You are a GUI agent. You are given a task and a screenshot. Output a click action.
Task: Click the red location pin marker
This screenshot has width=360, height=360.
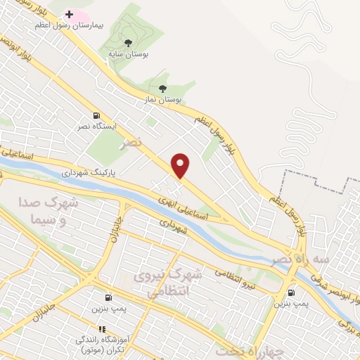click(x=181, y=165)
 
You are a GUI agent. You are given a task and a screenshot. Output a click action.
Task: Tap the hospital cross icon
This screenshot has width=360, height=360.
click(x=69, y=14)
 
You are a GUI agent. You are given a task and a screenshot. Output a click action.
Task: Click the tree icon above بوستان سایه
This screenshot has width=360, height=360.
click(x=127, y=42)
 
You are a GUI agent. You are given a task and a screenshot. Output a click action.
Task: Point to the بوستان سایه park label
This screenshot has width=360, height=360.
click(x=127, y=53)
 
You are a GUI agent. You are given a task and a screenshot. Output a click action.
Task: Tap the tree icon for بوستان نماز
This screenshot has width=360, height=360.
click(x=163, y=89)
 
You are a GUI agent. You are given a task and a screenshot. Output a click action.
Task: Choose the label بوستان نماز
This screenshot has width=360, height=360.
click(x=163, y=100)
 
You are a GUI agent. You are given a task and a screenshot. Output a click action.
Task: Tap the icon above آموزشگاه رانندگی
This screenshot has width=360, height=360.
click(x=102, y=328)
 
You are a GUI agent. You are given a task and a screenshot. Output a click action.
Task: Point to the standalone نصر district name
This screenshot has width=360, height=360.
click(x=131, y=143)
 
